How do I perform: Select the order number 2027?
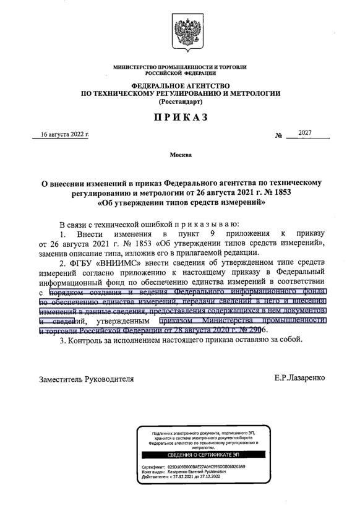point(304,133)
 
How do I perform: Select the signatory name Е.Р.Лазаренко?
point(302,377)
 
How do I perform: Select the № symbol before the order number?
point(278,135)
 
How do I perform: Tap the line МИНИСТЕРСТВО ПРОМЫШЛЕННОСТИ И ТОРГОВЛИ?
point(181,66)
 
